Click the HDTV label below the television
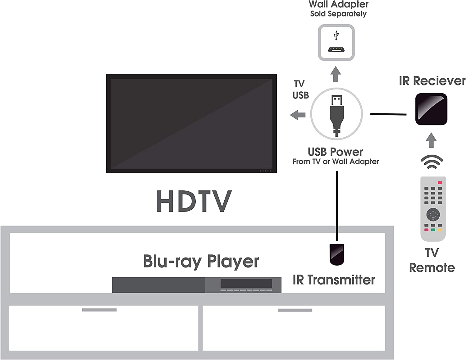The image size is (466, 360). tap(194, 201)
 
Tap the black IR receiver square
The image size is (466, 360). tap(431, 109)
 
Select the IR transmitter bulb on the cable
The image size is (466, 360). tap(337, 254)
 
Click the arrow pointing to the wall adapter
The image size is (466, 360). tap(336, 74)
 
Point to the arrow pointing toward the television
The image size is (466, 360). tap(298, 115)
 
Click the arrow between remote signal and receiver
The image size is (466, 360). tap(431, 140)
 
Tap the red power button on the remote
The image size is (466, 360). tap(440, 182)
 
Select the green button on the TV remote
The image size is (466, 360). tap(433, 230)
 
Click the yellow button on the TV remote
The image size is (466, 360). tap(440, 230)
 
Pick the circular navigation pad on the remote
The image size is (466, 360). tap(433, 214)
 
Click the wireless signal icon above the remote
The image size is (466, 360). tap(432, 162)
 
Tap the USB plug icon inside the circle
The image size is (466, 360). tap(337, 115)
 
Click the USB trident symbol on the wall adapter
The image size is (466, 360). tap(336, 35)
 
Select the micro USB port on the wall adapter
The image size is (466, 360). tap(336, 49)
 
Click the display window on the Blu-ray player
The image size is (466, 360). tap(246, 283)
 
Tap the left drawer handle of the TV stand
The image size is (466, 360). tap(99, 310)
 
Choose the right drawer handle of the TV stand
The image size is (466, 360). tap(295, 310)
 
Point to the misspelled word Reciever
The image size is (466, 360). tap(439, 81)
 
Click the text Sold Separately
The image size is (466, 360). tap(338, 14)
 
